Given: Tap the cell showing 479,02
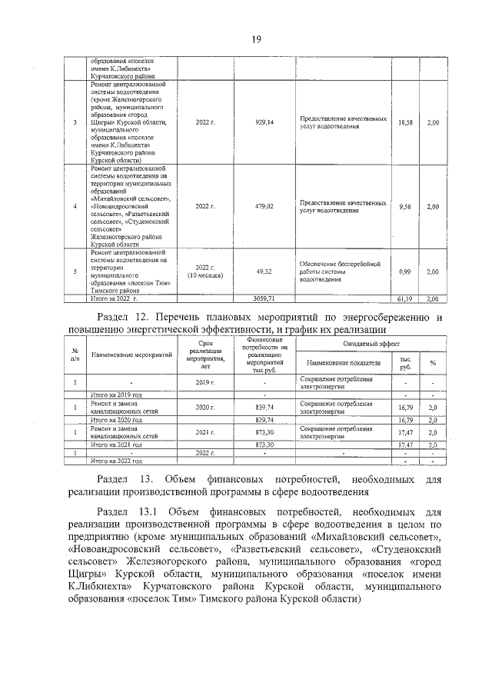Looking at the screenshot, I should click(264, 207).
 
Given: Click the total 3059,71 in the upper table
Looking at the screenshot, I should click(264, 297).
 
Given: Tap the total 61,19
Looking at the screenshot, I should click(405, 297).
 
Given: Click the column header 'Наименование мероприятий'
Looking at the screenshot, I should click(131, 356).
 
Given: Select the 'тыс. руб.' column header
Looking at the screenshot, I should click(405, 362).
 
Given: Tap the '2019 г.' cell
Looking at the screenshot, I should click(204, 382).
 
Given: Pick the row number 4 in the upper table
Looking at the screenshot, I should click(75, 207).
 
